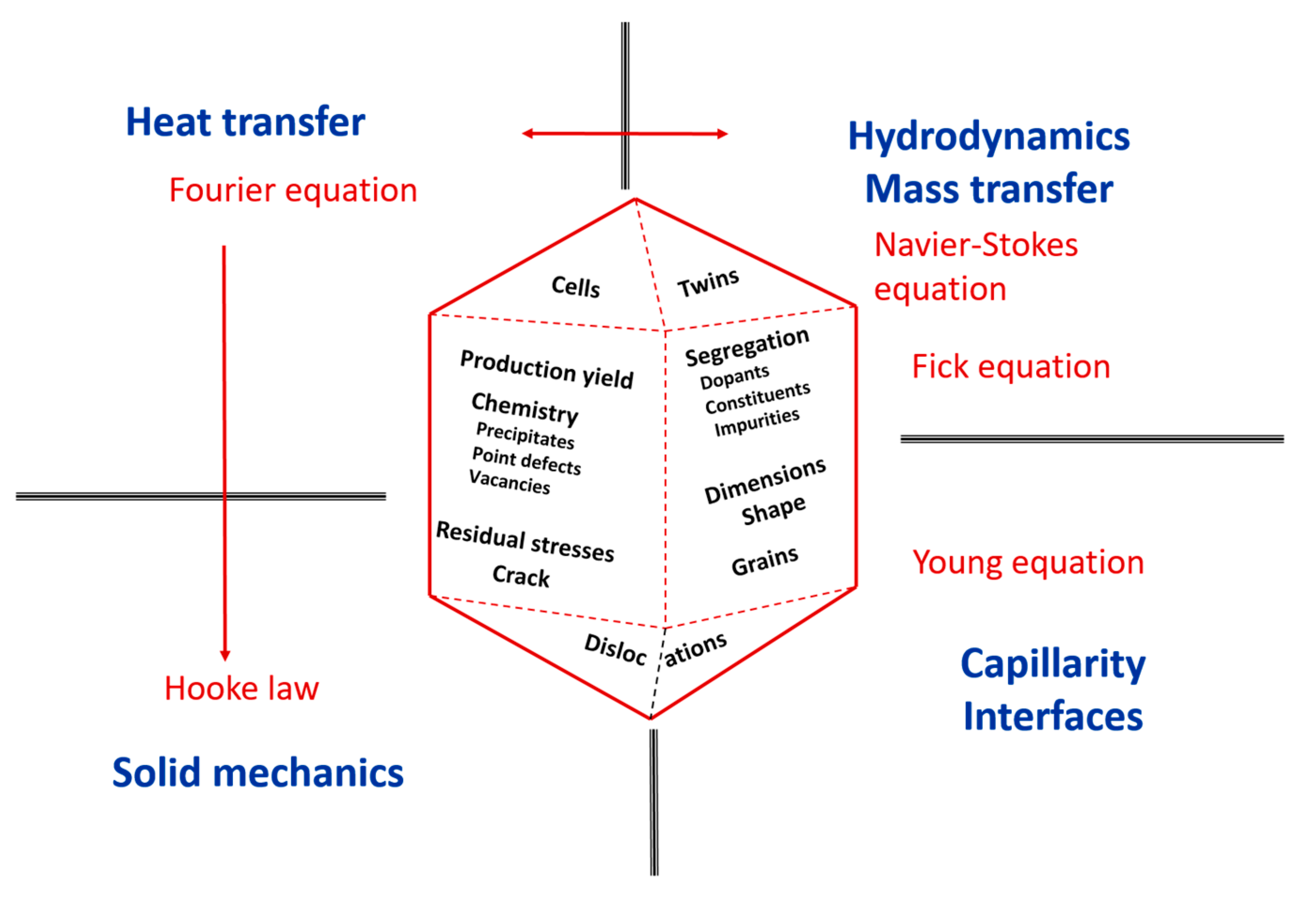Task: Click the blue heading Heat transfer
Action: tap(245, 122)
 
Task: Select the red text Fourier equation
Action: tap(293, 190)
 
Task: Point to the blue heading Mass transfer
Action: tap(989, 189)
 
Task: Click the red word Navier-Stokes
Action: tap(976, 245)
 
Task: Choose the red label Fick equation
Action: tap(1011, 367)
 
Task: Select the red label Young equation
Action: tap(1028, 562)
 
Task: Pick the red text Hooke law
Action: tap(241, 688)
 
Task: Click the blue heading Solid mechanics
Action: tap(258, 773)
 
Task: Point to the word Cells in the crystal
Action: tap(575, 286)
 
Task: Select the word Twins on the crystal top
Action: tap(708, 283)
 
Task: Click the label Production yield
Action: tap(546, 370)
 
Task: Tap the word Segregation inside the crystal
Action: tap(747, 347)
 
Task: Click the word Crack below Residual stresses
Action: tap(521, 576)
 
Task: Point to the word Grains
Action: tap(765, 561)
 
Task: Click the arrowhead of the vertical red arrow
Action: tap(225, 655)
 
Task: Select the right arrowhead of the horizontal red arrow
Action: tap(722, 134)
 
